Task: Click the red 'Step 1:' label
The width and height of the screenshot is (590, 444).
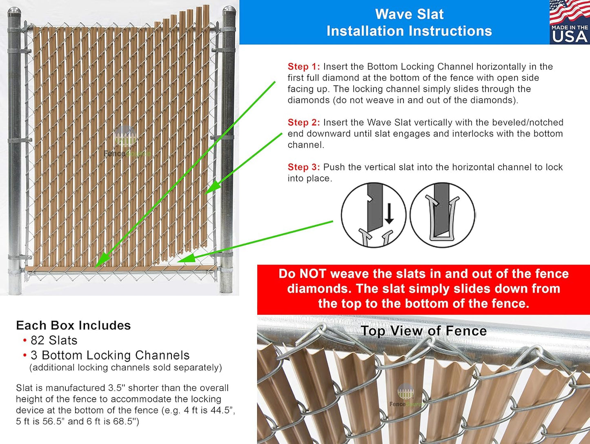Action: coord(303,67)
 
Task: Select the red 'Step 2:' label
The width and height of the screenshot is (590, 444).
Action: coord(303,123)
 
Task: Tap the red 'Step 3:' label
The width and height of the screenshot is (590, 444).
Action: coord(303,167)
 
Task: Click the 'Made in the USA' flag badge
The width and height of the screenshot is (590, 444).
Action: coord(569,22)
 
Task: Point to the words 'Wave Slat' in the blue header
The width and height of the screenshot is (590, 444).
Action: coord(409,14)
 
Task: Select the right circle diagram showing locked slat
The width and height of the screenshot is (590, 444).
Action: coord(442,215)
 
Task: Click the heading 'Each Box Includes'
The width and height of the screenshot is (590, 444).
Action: coord(73,326)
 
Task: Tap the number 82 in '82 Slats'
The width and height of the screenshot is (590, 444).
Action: coord(38,341)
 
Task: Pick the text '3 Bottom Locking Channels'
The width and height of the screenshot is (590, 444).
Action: coord(110,355)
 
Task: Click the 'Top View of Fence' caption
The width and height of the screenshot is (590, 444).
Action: coord(423,331)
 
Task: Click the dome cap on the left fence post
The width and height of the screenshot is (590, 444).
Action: coord(14,13)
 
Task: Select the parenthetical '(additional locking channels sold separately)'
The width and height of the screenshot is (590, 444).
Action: coord(126,368)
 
